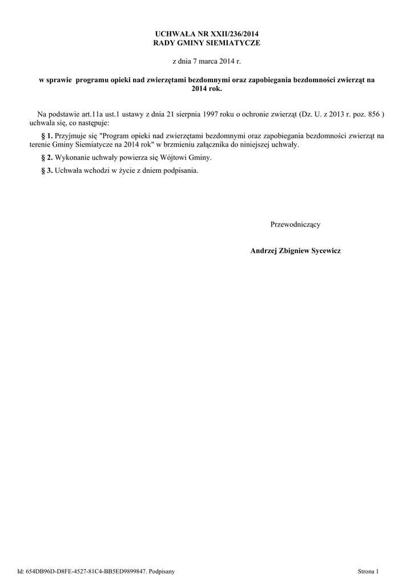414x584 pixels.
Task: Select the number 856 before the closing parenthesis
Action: pyautogui.click(x=375, y=115)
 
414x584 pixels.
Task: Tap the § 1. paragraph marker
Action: pyautogui.click(x=47, y=136)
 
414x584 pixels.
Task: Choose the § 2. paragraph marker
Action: pyautogui.click(x=47, y=157)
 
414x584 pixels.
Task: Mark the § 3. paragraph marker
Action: pyautogui.click(x=47, y=171)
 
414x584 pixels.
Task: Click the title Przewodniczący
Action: pyautogui.click(x=295, y=224)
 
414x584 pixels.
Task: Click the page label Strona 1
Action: pyautogui.click(x=368, y=571)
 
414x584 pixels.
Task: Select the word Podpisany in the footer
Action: pyautogui.click(x=162, y=571)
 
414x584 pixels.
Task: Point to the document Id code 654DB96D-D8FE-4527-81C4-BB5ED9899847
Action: pyautogui.click(x=86, y=571)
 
